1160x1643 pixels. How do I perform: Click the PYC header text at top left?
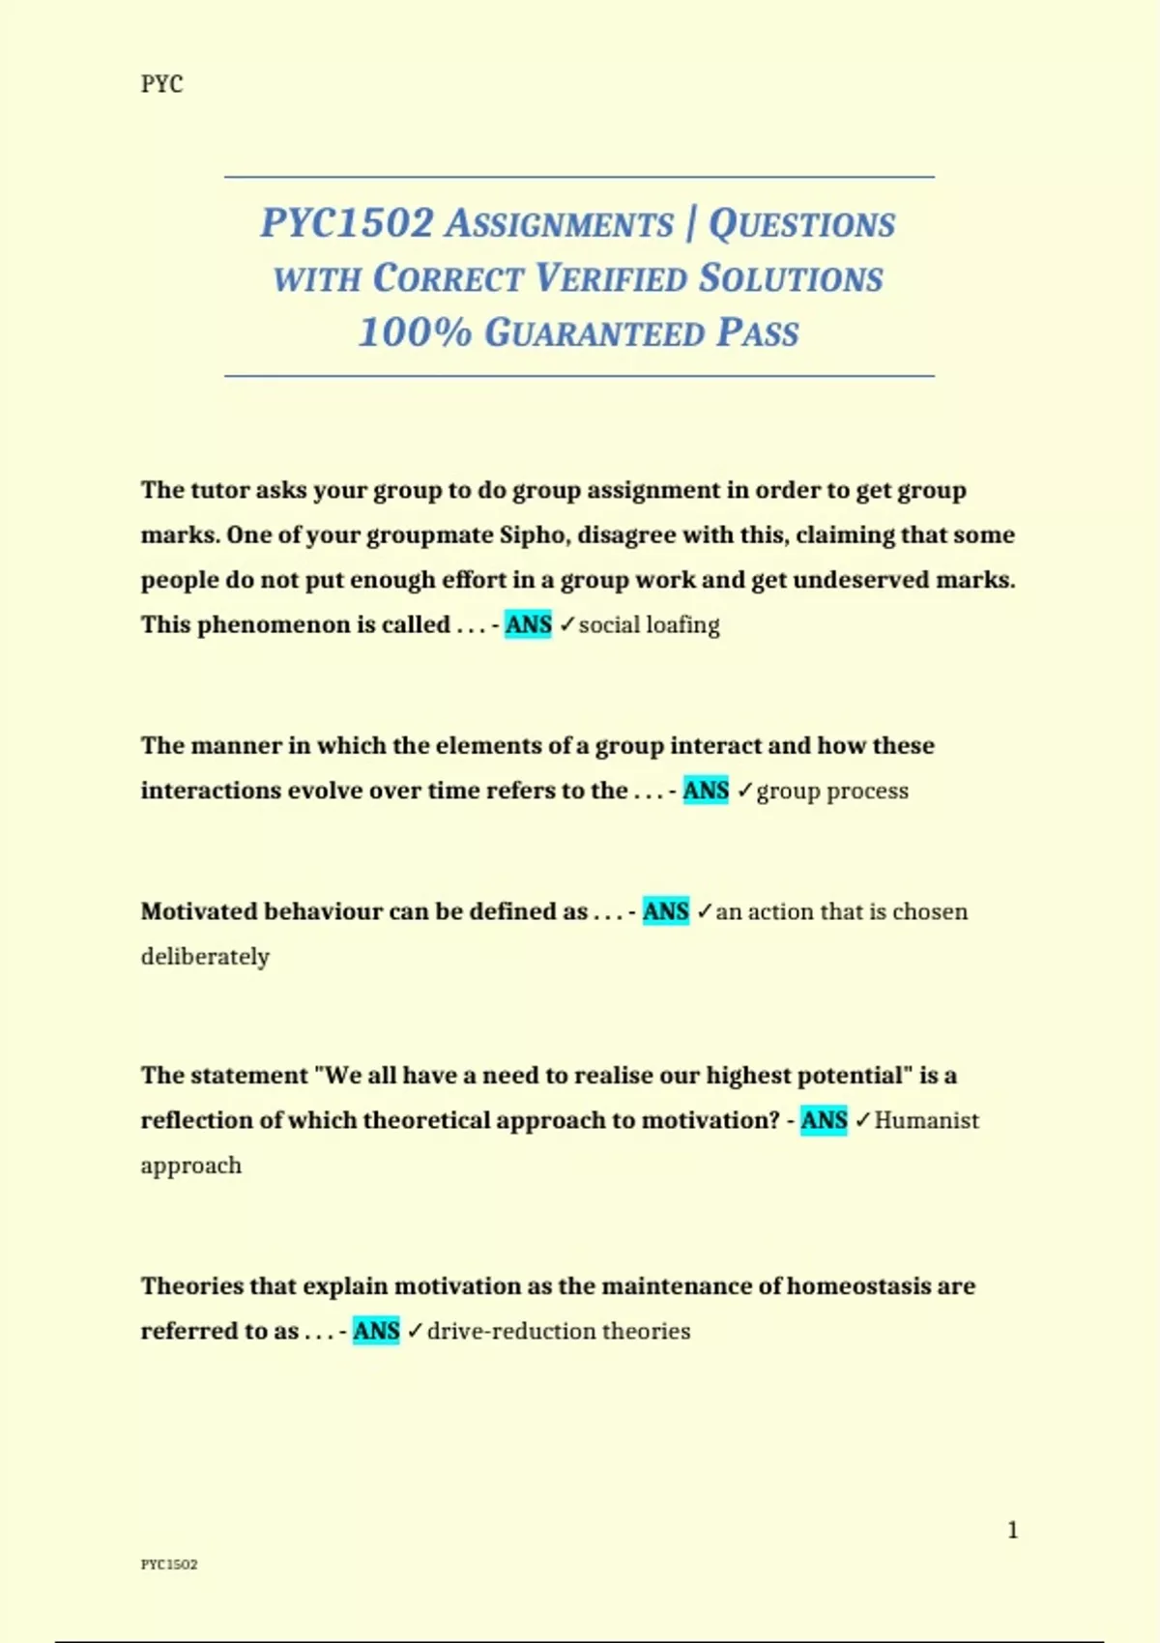161,84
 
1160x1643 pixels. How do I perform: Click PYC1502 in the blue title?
347,223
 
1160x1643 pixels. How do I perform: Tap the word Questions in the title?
801,224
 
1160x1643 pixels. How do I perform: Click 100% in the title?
414,332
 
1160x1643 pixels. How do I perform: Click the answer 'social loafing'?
649,625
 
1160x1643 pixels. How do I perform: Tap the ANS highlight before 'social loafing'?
528,625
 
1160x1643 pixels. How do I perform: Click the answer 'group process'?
832,791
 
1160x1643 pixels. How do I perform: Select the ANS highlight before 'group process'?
706,791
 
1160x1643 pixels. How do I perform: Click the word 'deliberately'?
205,957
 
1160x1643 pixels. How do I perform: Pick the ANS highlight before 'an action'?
665,911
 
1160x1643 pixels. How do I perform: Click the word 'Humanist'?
926,1121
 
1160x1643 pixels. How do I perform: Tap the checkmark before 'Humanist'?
862,1120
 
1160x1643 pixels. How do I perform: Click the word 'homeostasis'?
858,1286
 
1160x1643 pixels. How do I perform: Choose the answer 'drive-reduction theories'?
559,1332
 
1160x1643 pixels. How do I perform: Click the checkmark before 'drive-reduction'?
415,1332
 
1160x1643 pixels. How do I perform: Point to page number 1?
1012,1530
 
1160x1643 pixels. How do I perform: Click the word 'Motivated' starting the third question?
199,911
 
